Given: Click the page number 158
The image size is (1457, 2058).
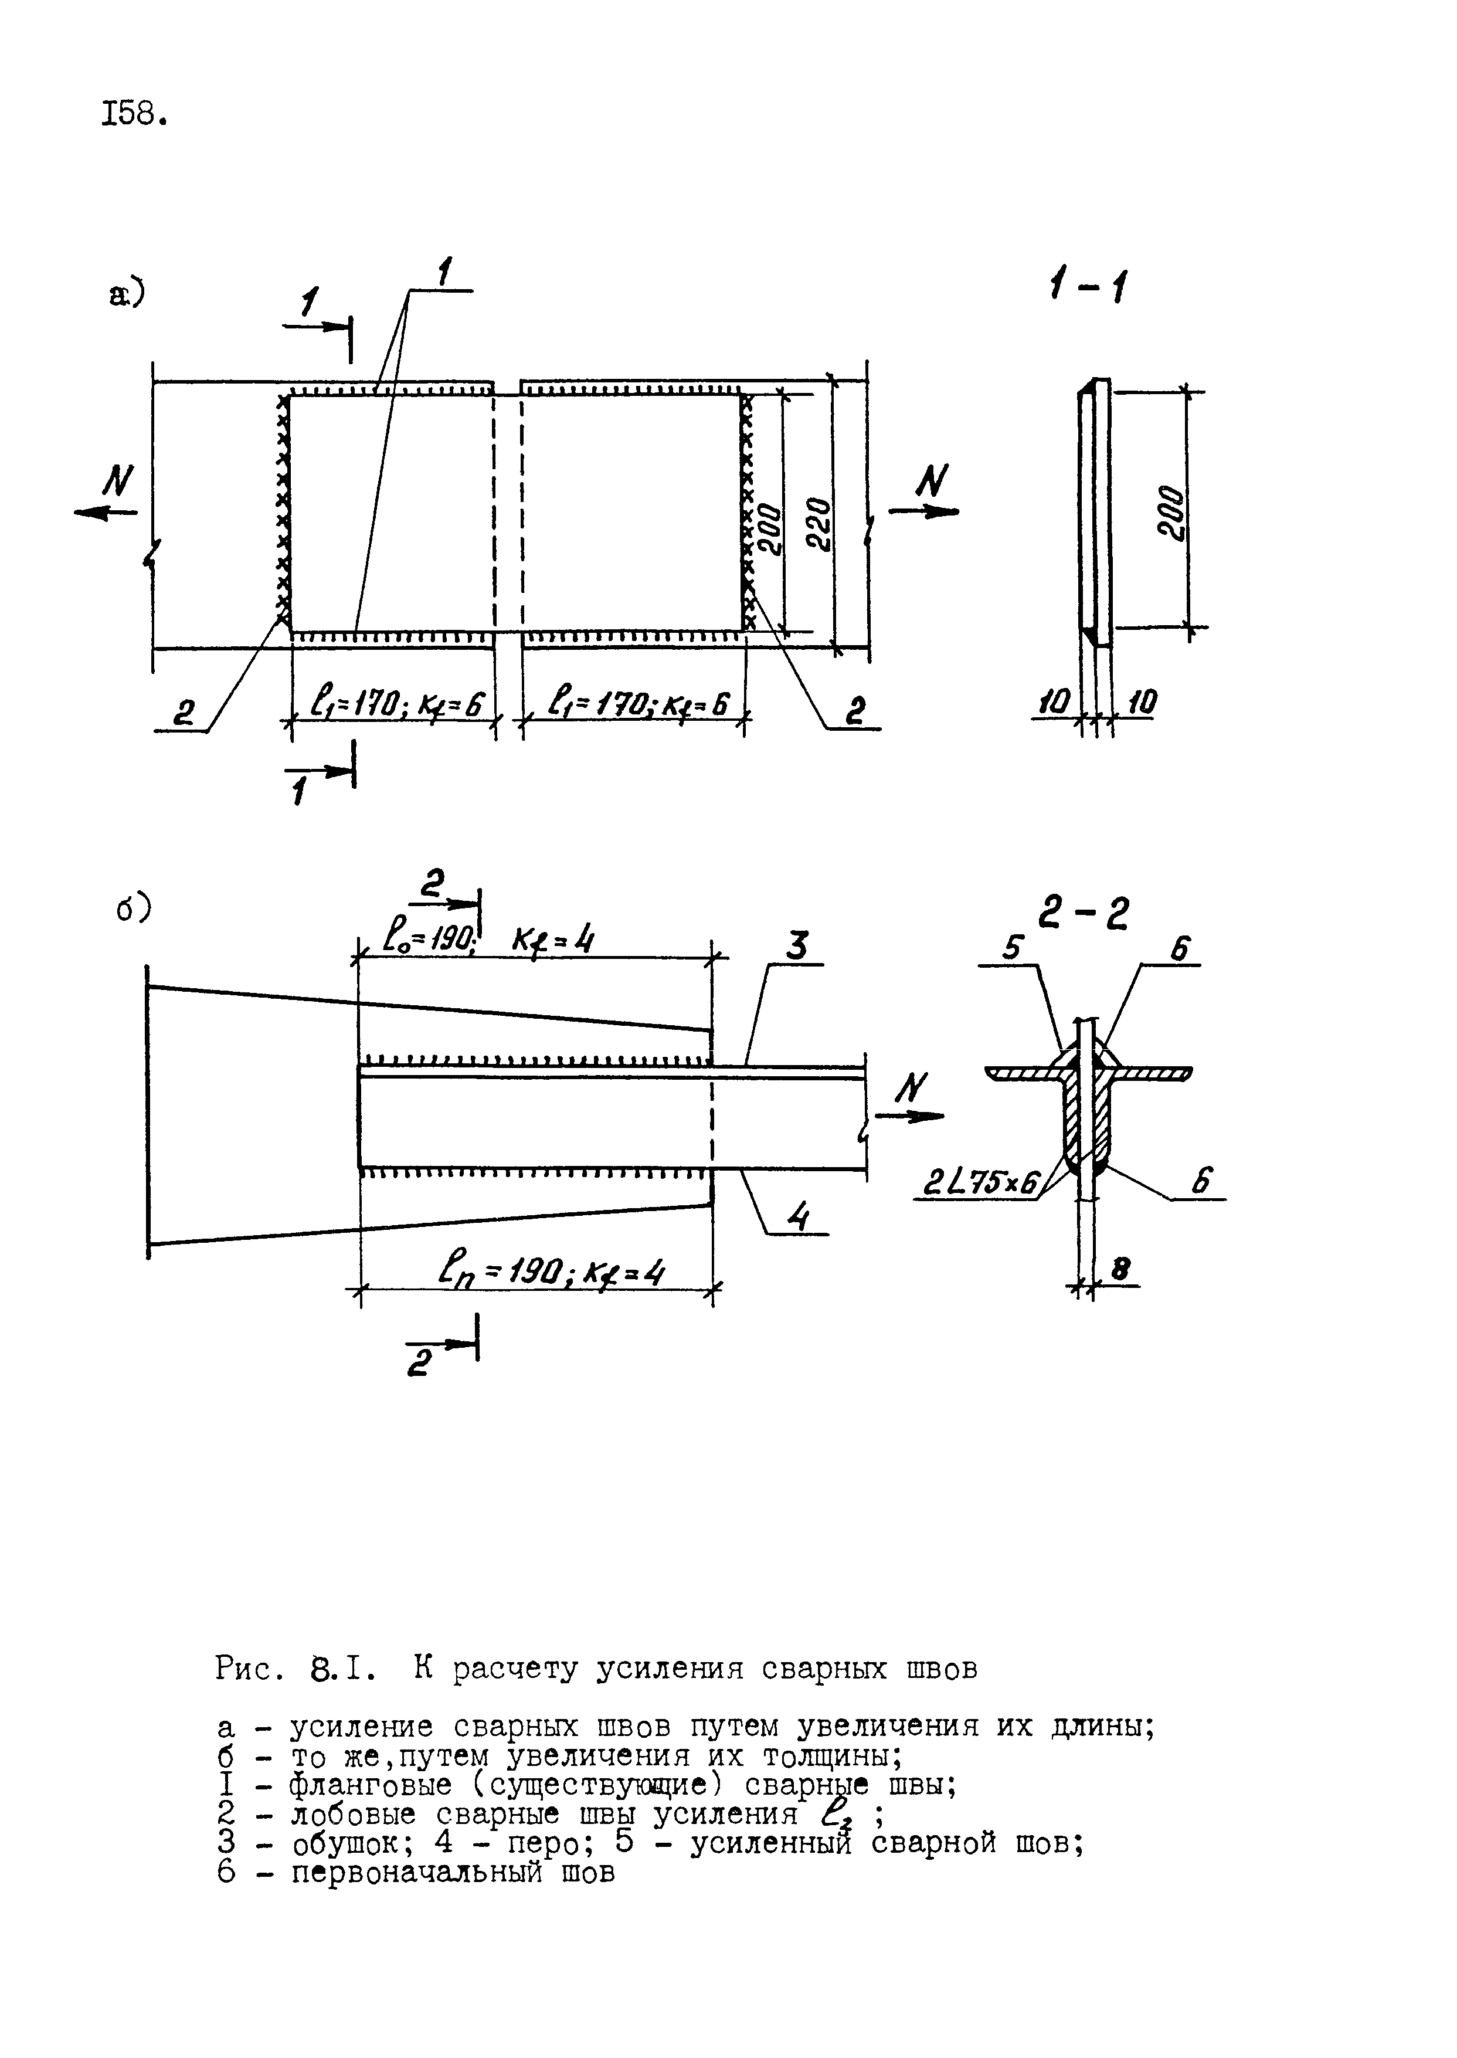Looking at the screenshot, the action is point(135,114).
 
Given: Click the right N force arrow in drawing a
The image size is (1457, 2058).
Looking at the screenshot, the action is point(924,511).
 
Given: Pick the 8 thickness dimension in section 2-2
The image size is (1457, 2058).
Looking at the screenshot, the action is point(1120,1269).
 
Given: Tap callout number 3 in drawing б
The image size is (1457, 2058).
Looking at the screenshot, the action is point(797,947).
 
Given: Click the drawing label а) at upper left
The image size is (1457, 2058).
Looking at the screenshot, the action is point(127,294).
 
